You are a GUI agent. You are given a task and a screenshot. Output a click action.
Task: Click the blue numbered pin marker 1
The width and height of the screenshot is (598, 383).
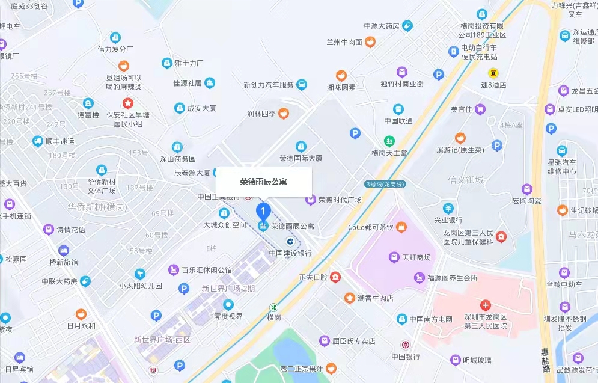coord(263,211)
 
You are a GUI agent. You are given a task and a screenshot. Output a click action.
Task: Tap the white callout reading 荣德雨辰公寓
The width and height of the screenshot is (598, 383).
coord(264,181)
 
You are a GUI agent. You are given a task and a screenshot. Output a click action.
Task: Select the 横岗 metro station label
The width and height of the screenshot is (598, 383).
coord(274,317)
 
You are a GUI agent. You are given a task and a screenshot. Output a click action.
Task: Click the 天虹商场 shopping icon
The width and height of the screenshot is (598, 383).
coord(393,257)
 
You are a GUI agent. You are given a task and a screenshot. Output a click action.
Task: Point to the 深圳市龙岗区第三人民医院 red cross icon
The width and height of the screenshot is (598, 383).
coord(486,305)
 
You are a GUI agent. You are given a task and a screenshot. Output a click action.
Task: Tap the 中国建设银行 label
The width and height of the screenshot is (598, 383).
coord(290,253)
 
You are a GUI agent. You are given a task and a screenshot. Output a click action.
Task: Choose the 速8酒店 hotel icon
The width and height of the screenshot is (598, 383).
coord(493,73)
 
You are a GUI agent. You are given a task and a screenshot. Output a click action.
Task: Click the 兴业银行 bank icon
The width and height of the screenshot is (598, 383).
coord(448,209)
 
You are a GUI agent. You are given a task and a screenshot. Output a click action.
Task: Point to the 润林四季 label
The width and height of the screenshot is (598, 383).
coord(261,113)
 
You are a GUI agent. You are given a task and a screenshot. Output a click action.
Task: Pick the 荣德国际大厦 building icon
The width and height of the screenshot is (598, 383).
coord(301,146)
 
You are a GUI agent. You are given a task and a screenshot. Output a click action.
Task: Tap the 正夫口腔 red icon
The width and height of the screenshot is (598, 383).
coord(335,277)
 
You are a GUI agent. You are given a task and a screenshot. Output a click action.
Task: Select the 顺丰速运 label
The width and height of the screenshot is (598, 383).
coord(59,142)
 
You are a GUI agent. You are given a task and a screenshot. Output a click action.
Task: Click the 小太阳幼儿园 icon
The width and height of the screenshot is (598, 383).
coord(140,274)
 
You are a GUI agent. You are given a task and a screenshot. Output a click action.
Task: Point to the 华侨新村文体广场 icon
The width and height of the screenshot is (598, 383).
coord(101,170)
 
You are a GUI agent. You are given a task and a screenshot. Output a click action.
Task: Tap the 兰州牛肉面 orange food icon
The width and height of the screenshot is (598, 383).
coord(370,41)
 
